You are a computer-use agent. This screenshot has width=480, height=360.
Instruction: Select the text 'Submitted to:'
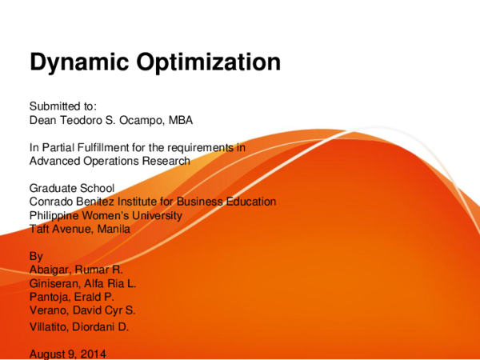pyautogui.click(x=62, y=106)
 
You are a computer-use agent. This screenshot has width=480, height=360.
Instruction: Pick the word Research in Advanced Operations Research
pyautogui.click(x=165, y=161)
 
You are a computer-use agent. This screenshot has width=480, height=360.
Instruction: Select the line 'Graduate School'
pyautogui.click(x=70, y=189)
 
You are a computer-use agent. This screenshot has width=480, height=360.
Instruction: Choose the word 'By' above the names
pyautogui.click(x=36, y=257)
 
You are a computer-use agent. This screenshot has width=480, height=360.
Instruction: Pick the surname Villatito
pyautogui.click(x=52, y=326)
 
